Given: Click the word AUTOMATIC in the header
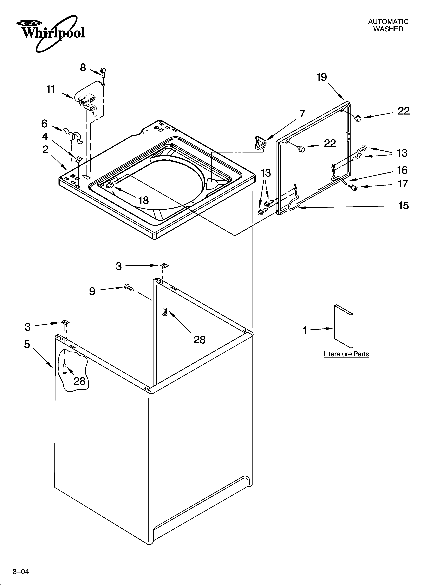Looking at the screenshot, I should coord(388,22).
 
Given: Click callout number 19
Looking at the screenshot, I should coord(322,77).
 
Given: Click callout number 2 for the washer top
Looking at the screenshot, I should coord(45,150).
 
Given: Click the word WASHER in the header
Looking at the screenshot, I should coord(388,29).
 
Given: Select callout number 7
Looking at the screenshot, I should coord(302,114).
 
